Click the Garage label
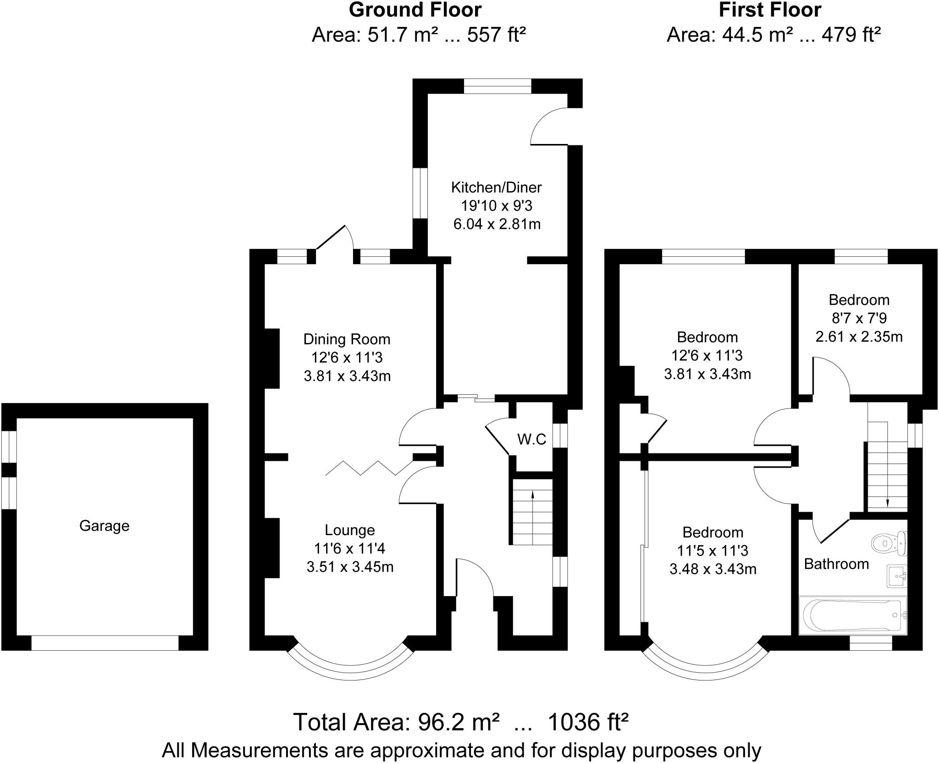(x=104, y=525)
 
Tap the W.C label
(x=532, y=439)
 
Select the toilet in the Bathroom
(x=889, y=543)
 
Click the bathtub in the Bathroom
(x=852, y=615)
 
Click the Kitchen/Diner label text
(x=496, y=187)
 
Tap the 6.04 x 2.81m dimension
(x=496, y=224)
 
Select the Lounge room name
(x=349, y=530)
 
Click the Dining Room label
(x=347, y=339)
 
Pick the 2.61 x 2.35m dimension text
(x=859, y=337)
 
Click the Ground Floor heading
(x=415, y=10)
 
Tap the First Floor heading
(x=770, y=10)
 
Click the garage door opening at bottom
(x=105, y=643)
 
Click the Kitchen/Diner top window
(x=497, y=86)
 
